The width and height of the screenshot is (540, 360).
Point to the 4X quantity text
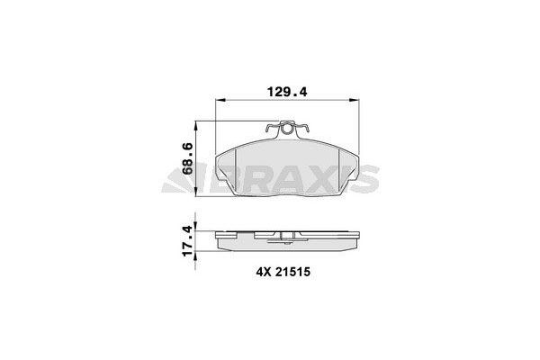[x=262, y=269]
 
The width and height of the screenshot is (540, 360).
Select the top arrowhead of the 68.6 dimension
[x=199, y=126]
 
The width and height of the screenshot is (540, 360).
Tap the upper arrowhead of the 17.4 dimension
[x=199, y=231]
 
